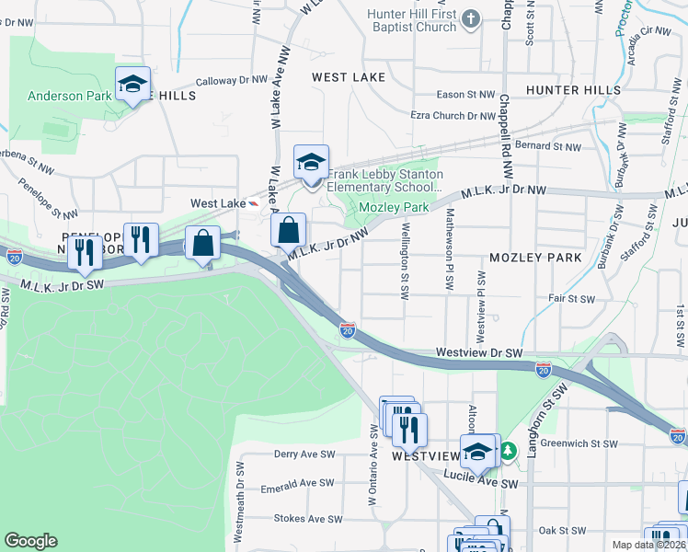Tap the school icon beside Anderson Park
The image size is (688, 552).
click(132, 85)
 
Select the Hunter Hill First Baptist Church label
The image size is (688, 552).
click(412, 20)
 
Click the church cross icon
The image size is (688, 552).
click(472, 17)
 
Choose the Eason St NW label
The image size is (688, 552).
click(465, 95)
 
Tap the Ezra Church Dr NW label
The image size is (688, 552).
click(453, 116)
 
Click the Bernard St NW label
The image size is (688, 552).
click(549, 146)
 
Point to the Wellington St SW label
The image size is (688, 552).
click(405, 261)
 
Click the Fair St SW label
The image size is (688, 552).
click(568, 298)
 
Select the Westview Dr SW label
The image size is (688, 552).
click(479, 352)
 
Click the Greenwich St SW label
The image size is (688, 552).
click(579, 443)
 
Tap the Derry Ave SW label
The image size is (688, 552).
click(304, 454)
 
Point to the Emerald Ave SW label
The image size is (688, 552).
click(298, 483)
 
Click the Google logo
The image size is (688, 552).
click(30, 541)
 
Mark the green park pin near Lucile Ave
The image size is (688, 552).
click(507, 451)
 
